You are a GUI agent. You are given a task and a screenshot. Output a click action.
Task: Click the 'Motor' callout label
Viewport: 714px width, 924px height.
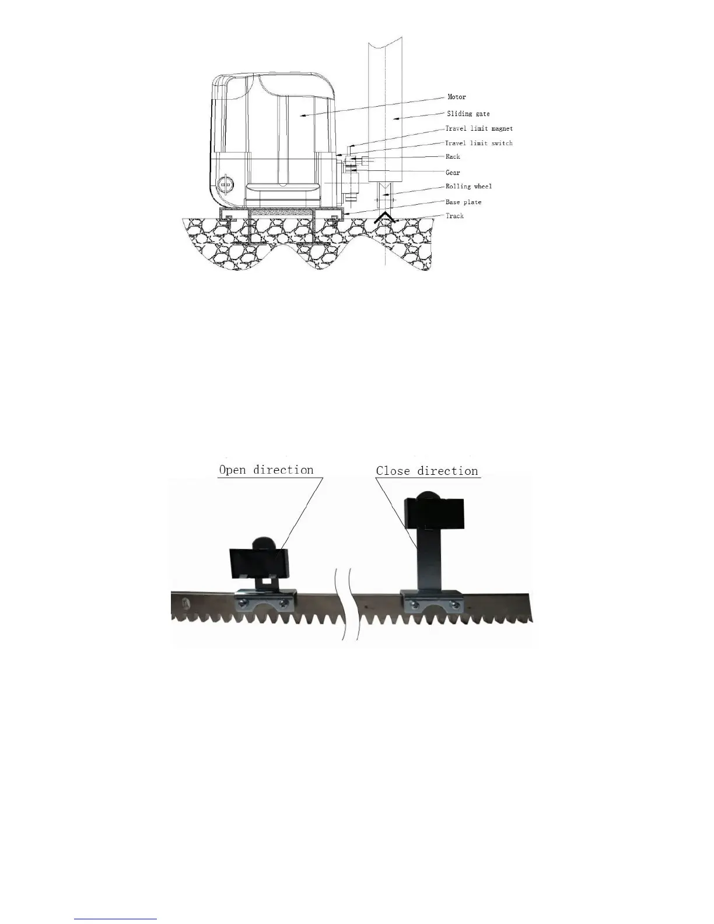coord(457,97)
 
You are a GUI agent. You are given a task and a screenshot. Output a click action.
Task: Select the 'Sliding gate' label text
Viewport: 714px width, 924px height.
coord(468,114)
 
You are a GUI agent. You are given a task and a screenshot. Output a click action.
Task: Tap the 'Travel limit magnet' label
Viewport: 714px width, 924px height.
coord(479,128)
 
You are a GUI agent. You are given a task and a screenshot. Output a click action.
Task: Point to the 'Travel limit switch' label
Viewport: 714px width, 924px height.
coord(479,143)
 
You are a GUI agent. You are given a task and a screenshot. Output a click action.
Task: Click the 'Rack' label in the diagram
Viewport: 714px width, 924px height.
coord(453,157)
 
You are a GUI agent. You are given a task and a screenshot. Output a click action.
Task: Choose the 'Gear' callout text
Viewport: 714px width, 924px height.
coord(453,173)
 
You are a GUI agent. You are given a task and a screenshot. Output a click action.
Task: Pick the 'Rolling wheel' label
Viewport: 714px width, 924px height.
coord(468,187)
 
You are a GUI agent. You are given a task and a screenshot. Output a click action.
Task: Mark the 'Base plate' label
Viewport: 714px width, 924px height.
coord(463,202)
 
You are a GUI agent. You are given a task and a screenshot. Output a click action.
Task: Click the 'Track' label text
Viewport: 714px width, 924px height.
coord(454,216)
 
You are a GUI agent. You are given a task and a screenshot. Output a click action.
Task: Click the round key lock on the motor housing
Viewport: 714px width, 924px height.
coord(224,185)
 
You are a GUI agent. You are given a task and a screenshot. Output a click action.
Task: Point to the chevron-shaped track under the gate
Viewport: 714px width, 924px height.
coord(384,218)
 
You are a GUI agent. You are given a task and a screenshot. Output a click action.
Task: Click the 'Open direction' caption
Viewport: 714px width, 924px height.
coord(266,470)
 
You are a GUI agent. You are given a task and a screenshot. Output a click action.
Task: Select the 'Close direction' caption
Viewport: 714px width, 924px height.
coord(427,471)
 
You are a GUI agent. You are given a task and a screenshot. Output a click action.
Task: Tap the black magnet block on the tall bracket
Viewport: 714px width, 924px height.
coord(433,512)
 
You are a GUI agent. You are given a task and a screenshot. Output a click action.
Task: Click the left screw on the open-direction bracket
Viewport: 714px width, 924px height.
coord(243,603)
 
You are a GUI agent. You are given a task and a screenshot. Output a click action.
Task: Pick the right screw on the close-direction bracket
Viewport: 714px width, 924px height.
coord(451,603)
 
